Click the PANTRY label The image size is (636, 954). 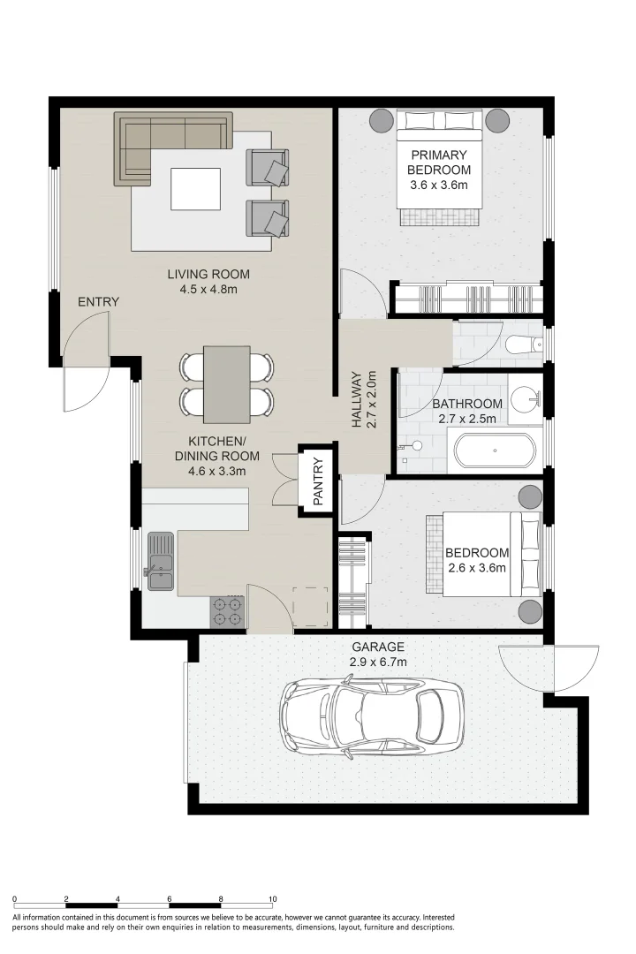click(318, 482)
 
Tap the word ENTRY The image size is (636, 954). click(99, 302)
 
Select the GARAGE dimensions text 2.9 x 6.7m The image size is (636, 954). click(377, 662)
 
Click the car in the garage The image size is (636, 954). click(372, 718)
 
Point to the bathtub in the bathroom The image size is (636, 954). click(495, 450)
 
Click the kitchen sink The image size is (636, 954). click(160, 561)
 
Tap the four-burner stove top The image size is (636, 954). click(227, 611)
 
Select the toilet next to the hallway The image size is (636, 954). click(524, 344)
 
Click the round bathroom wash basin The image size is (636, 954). click(525, 400)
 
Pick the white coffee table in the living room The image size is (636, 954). click(195, 189)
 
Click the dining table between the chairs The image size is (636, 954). click(226, 384)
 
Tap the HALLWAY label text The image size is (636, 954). click(357, 400)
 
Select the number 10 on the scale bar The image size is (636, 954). click(273, 898)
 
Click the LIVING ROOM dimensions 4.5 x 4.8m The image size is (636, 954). click(208, 290)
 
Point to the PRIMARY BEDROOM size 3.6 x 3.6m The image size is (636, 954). click(439, 185)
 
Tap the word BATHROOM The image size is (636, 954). click(467, 404)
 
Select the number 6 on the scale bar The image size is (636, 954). click(170, 898)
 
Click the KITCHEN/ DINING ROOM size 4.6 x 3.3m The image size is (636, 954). click(216, 471)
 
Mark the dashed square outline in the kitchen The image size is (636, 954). click(310, 607)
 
